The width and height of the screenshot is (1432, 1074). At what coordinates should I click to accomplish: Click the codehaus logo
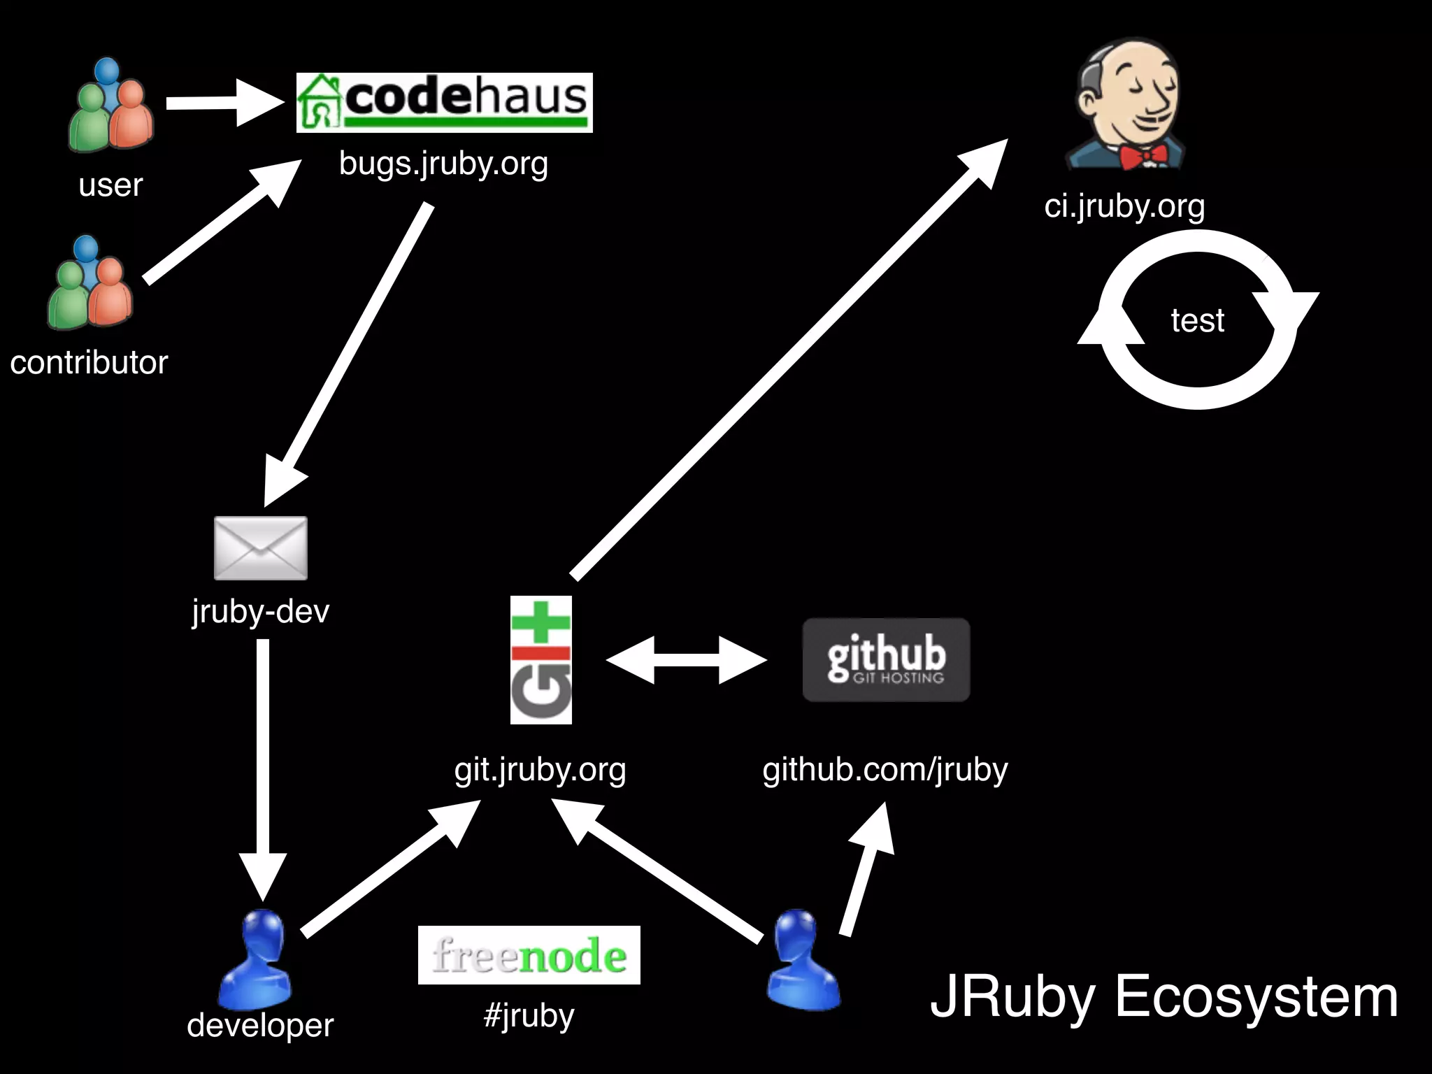tap(444, 102)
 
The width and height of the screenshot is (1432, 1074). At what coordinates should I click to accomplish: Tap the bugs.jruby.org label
tap(443, 164)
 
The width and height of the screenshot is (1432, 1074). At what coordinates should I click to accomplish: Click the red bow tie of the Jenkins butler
tap(1143, 155)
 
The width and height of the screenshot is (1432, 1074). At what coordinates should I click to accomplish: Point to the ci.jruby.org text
tap(1124, 206)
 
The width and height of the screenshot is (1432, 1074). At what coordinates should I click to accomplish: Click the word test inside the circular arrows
tap(1197, 321)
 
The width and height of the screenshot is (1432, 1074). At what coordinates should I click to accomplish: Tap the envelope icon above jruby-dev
tap(260, 547)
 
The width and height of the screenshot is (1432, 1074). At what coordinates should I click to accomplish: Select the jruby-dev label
tap(260, 611)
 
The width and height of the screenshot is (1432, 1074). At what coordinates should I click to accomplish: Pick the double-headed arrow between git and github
tap(686, 659)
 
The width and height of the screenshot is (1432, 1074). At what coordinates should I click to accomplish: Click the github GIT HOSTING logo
tap(886, 659)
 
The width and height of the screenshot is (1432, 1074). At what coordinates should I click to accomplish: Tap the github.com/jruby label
tap(885, 769)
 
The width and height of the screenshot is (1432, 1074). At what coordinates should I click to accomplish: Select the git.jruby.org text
tap(540, 769)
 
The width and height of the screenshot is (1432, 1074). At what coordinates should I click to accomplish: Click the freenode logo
tap(529, 955)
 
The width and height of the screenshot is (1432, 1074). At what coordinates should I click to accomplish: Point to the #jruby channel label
tap(529, 1015)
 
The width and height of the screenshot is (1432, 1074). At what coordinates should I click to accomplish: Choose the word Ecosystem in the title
tap(1256, 996)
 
